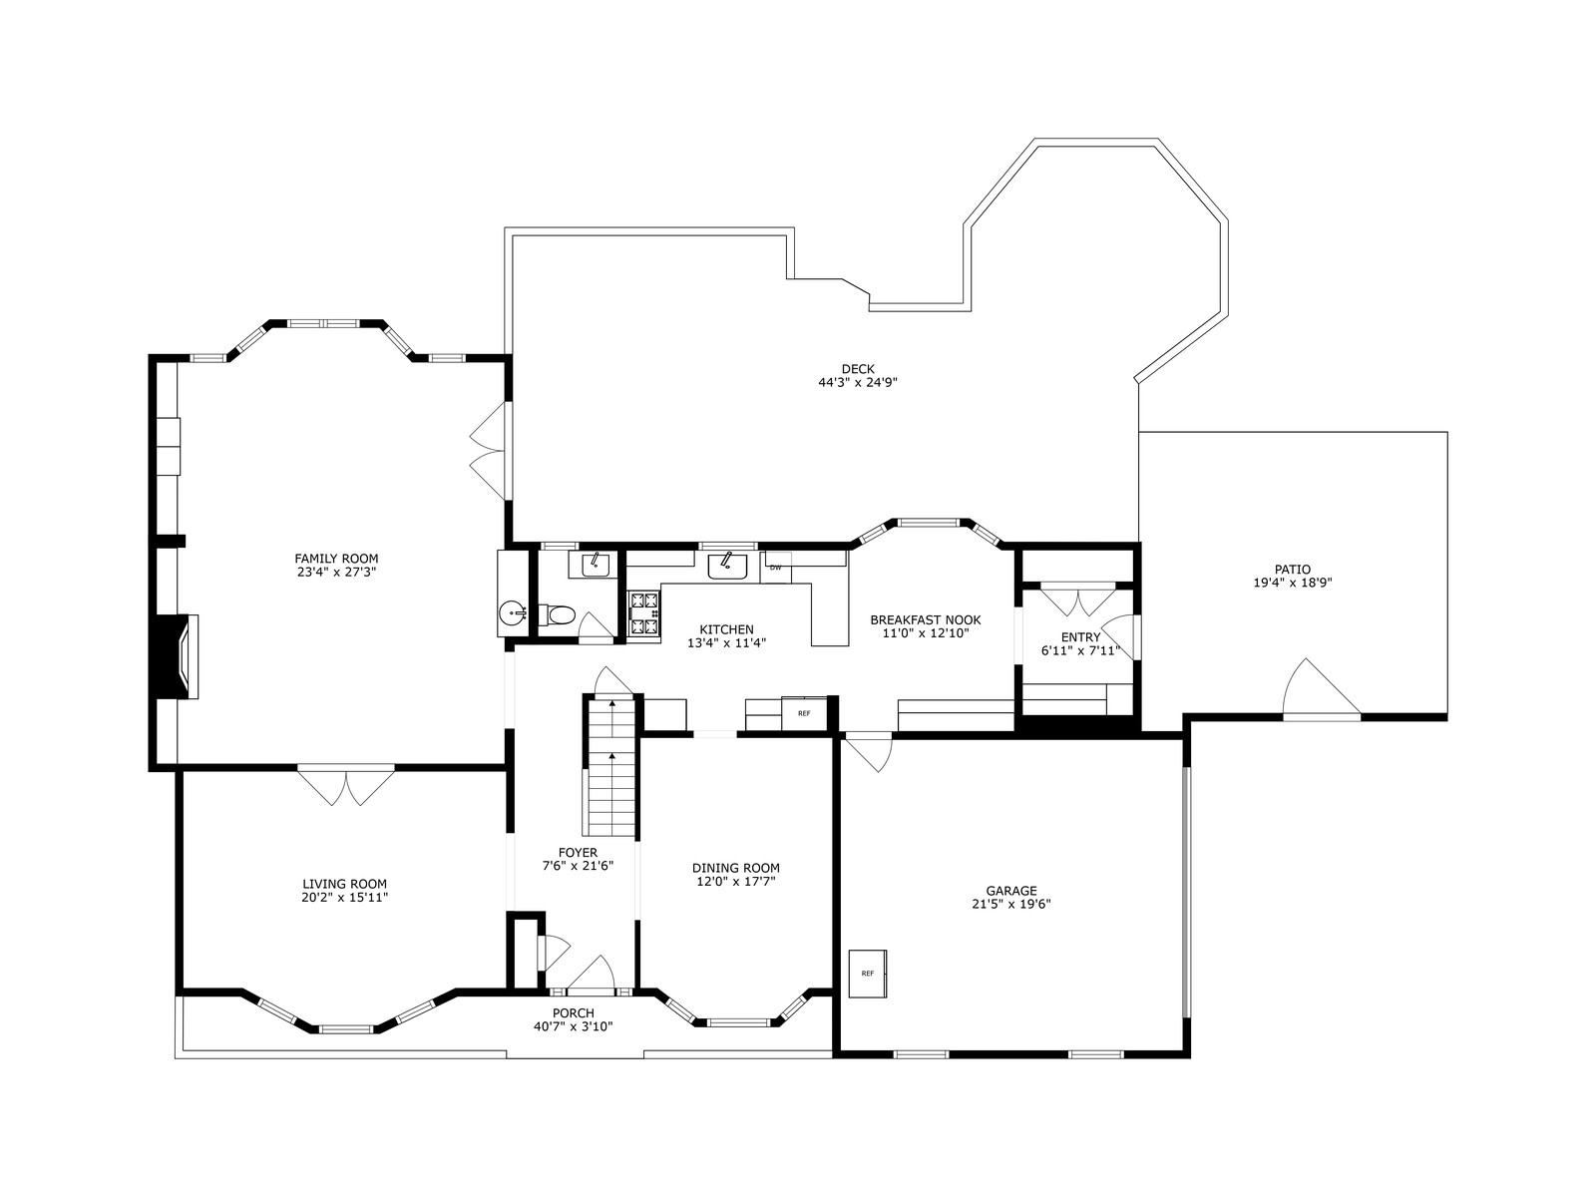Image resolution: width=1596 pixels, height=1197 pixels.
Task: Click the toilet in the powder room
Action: pyautogui.click(x=557, y=614)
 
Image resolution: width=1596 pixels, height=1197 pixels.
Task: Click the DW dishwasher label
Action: pyautogui.click(x=775, y=567)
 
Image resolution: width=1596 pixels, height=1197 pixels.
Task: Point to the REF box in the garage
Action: pyautogui.click(x=868, y=974)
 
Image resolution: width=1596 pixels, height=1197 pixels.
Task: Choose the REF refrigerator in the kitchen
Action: pyautogui.click(x=803, y=713)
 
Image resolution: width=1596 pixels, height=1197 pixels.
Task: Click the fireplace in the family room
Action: pyautogui.click(x=176, y=656)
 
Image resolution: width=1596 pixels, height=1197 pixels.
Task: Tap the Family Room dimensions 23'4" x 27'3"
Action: pyautogui.click(x=335, y=572)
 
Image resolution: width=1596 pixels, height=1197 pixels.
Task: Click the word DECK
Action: pyautogui.click(x=858, y=369)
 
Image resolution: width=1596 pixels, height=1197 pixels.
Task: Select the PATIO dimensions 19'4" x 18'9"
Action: pyautogui.click(x=1292, y=583)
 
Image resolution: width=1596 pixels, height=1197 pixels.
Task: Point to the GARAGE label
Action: pyautogui.click(x=1011, y=891)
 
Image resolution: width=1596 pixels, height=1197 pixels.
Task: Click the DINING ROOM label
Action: pyautogui.click(x=736, y=868)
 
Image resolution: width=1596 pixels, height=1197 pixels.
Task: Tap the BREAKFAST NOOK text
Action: pyautogui.click(x=926, y=619)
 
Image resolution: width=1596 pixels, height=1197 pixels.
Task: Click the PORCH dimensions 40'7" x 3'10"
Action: pyautogui.click(x=573, y=1026)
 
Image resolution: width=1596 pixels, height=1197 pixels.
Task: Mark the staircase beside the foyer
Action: pyautogui.click(x=611, y=766)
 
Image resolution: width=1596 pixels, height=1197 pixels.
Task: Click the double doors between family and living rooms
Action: pyautogui.click(x=346, y=785)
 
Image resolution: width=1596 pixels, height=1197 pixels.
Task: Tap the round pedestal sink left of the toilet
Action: pyautogui.click(x=514, y=614)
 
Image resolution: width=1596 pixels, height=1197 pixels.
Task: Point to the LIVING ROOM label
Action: pyautogui.click(x=345, y=884)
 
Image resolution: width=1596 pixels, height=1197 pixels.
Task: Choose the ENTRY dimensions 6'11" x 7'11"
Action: pyautogui.click(x=1080, y=650)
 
